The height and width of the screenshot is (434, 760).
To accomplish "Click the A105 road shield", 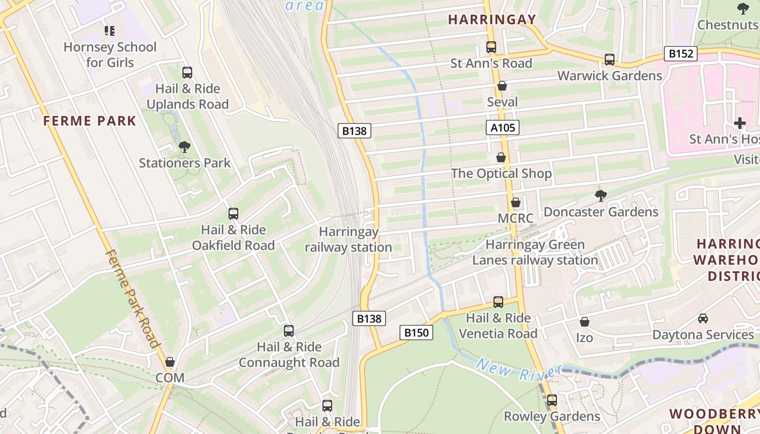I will tap(503, 127).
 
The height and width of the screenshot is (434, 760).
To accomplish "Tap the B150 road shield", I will tap(417, 333).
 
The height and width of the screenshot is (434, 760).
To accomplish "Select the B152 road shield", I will tap(681, 54).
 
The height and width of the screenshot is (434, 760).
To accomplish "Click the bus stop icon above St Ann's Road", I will tap(491, 47).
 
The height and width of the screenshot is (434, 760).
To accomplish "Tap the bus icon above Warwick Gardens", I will tap(610, 59).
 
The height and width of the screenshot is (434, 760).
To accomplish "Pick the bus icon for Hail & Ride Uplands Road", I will tap(187, 72).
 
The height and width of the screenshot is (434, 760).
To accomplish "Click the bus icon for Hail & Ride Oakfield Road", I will tap(233, 214).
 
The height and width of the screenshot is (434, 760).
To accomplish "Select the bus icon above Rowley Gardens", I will tap(552, 400).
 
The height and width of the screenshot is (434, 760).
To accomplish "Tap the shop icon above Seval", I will tap(502, 86).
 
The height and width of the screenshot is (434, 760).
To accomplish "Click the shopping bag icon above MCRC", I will tap(516, 202).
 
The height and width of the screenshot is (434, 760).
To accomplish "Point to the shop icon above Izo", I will tap(585, 322).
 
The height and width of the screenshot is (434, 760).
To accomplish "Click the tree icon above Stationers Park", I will tap(185, 146).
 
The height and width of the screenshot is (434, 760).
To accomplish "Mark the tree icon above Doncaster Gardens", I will tap(600, 195).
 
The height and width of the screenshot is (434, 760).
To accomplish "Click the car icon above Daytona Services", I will tap(703, 318).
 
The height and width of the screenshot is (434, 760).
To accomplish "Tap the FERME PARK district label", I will tap(90, 121).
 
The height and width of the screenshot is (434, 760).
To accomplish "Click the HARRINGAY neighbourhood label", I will tap(492, 20).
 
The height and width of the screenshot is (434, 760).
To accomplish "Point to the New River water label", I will tap(518, 372).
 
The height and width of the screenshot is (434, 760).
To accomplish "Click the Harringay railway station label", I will tap(349, 240).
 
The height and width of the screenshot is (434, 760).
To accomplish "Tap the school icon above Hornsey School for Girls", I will tap(110, 31).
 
